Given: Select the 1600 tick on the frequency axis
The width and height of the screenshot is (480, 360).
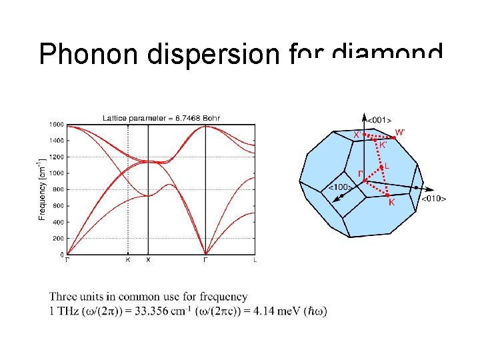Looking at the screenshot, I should (56, 125).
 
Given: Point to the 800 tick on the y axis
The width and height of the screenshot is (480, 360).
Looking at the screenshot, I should (58, 189).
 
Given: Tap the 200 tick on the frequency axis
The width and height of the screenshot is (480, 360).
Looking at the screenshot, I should (58, 238).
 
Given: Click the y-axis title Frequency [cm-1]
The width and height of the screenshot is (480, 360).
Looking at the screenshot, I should (41, 189).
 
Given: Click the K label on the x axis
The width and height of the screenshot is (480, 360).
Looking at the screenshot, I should (128, 260).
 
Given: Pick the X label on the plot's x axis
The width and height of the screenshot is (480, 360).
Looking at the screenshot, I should (148, 260).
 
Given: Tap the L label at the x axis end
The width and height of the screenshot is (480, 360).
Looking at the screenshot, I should (255, 260).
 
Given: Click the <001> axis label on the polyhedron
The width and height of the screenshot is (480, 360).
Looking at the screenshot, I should (379, 120).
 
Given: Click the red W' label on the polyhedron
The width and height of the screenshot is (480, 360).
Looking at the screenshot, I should (400, 132).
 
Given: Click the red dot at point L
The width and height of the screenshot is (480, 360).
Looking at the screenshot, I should (381, 167).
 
